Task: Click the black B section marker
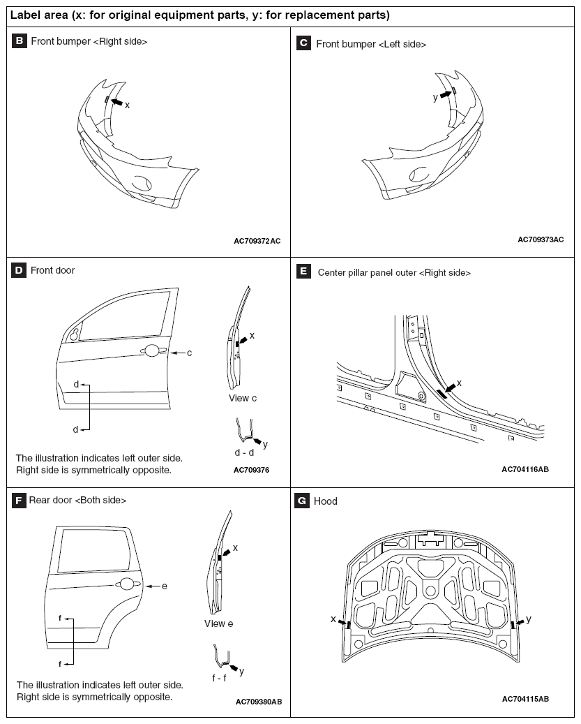(19, 40)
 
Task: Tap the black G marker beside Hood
(302, 501)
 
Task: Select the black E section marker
(303, 271)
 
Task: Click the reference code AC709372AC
(257, 241)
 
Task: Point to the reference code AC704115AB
(525, 699)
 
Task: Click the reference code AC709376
(251, 470)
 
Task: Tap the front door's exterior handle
(151, 351)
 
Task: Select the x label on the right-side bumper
(127, 105)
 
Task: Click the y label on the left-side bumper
(435, 98)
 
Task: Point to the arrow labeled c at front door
(178, 353)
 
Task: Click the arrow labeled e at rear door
(153, 586)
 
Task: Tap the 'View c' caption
(243, 398)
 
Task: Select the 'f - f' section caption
(219, 678)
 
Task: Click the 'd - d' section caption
(244, 452)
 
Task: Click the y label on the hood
(529, 619)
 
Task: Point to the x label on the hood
(333, 619)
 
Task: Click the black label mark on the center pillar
(442, 394)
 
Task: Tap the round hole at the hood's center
(430, 591)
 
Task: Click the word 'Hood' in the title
(326, 501)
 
